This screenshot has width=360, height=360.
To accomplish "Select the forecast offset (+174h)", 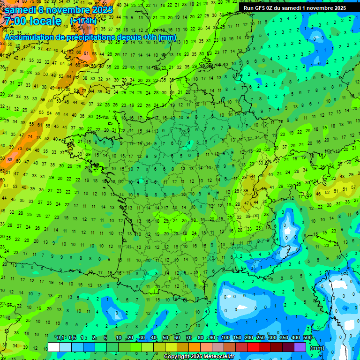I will [x=83, y=21].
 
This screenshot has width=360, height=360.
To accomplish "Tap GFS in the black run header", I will [x=261, y=7].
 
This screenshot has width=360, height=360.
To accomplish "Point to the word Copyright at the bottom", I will [x=178, y=356].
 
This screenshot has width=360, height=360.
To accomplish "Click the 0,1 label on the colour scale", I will [x=60, y=337].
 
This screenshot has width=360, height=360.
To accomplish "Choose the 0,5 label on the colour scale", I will [x=72, y=337].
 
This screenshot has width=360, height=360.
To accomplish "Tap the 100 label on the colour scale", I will [x=225, y=337].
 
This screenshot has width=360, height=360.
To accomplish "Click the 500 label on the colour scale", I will [x=307, y=337].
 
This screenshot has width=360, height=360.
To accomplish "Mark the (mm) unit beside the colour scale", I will [x=317, y=348].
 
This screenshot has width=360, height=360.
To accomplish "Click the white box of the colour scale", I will [x=54, y=347].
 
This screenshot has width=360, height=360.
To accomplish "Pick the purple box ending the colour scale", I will [x=300, y=347].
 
